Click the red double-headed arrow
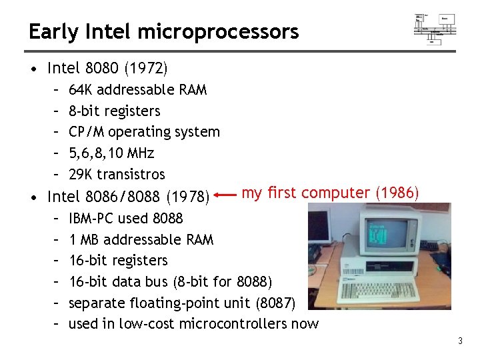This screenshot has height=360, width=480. (x=226, y=196)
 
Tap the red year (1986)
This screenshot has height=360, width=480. (x=397, y=193)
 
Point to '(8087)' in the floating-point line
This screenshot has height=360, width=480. (x=275, y=303)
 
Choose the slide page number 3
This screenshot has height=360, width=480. (x=460, y=342)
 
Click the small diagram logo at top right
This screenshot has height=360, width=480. (x=435, y=27)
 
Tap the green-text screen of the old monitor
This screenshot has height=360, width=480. (x=379, y=234)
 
